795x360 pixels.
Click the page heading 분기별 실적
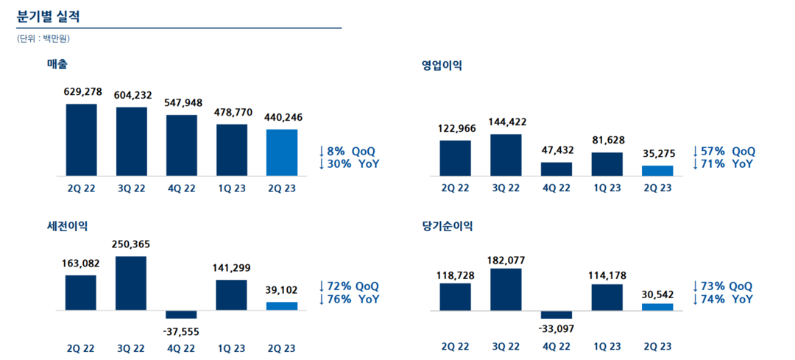(49, 16)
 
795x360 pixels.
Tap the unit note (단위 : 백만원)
(43, 38)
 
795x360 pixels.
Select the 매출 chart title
(58, 64)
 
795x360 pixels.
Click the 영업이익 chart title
(441, 66)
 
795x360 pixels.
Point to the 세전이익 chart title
(67, 226)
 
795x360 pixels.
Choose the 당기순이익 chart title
(447, 226)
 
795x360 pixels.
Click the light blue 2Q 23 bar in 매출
(282, 152)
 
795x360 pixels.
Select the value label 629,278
(82, 92)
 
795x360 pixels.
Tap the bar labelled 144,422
(506, 155)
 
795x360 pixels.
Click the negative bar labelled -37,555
(181, 314)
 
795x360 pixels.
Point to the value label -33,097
(556, 329)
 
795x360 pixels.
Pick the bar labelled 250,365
(131, 283)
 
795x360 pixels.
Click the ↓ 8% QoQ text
(347, 152)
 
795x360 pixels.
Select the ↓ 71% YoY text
(724, 163)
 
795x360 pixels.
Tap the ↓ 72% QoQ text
(348, 286)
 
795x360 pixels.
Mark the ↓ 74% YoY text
(722, 299)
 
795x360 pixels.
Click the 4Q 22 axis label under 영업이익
(556, 188)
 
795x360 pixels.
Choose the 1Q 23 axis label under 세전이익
(232, 348)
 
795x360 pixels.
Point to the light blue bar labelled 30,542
(657, 307)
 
